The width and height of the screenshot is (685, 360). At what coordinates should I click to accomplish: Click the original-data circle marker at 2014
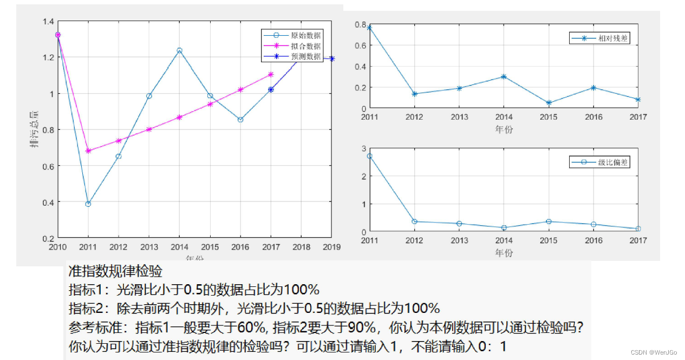point(179,50)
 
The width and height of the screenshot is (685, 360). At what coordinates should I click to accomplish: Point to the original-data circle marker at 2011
point(88,204)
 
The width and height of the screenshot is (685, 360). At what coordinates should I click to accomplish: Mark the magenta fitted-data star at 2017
point(271,74)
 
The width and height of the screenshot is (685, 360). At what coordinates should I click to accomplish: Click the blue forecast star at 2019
point(331,58)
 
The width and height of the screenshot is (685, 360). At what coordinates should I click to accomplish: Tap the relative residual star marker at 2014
point(504,77)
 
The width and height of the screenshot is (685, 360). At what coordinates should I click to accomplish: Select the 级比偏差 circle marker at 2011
point(369,156)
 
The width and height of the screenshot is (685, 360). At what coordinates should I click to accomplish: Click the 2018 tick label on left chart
point(301,247)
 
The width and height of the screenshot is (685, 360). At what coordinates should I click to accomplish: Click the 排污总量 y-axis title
point(34,130)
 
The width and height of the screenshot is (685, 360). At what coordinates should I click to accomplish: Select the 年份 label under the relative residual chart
point(504,129)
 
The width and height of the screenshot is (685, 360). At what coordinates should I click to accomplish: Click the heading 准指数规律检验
point(115,271)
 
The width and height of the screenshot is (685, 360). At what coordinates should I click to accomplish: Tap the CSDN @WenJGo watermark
point(654,352)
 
